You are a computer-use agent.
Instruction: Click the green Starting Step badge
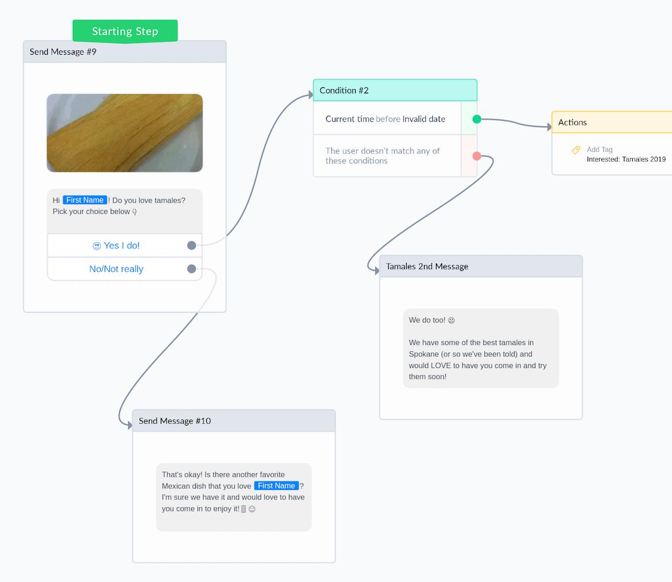click(x=125, y=31)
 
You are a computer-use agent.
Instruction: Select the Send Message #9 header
click(x=125, y=52)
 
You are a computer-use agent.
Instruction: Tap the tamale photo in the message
click(x=125, y=133)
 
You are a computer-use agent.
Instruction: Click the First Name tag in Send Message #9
click(x=85, y=200)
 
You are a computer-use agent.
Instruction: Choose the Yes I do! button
click(x=116, y=246)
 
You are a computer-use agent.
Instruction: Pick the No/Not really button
click(x=116, y=269)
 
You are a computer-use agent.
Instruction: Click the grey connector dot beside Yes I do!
click(x=192, y=246)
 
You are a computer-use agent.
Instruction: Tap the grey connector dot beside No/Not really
click(x=192, y=269)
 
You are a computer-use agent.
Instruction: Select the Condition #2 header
click(x=395, y=90)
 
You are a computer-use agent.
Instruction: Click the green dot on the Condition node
click(x=477, y=119)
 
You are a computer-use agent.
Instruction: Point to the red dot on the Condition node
click(x=477, y=156)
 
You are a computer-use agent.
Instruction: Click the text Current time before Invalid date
click(x=385, y=119)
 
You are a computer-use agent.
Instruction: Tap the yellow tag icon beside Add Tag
click(x=576, y=150)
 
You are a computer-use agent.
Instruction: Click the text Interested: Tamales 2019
click(x=626, y=159)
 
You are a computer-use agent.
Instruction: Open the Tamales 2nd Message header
click(x=481, y=266)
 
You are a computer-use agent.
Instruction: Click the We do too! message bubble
click(x=481, y=349)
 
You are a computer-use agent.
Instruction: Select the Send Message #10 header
click(x=234, y=421)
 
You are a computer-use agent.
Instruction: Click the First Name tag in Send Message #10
click(x=276, y=485)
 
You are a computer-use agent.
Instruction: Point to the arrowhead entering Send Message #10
click(x=130, y=426)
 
